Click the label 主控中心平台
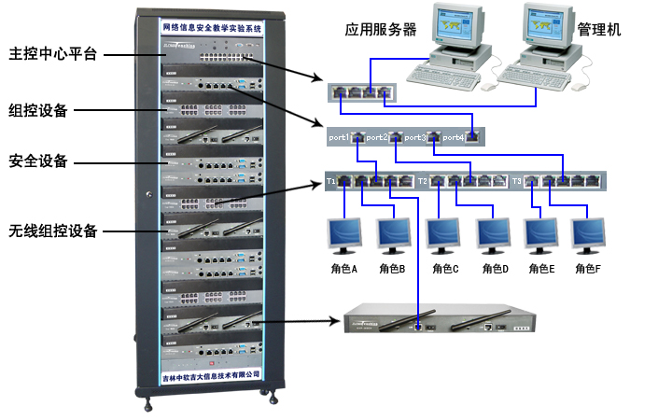point(52,52)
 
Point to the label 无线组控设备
point(52,231)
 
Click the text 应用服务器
point(380,30)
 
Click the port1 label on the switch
point(339,137)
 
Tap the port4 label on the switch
point(453,137)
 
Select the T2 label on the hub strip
point(423,179)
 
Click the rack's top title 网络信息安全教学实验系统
point(213,29)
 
